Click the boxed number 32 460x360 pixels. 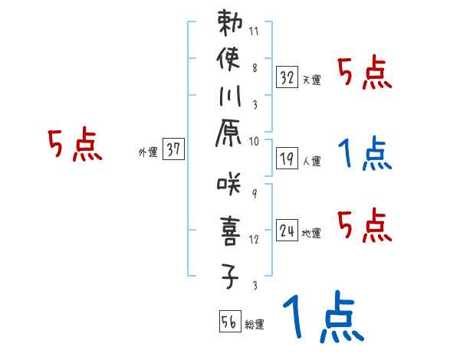tap(287, 77)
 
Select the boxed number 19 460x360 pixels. tap(287, 158)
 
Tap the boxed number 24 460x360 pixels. tap(287, 229)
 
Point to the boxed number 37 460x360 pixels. tap(173, 150)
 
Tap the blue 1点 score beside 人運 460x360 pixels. tap(364, 153)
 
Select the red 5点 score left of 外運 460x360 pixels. tap(75, 145)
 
